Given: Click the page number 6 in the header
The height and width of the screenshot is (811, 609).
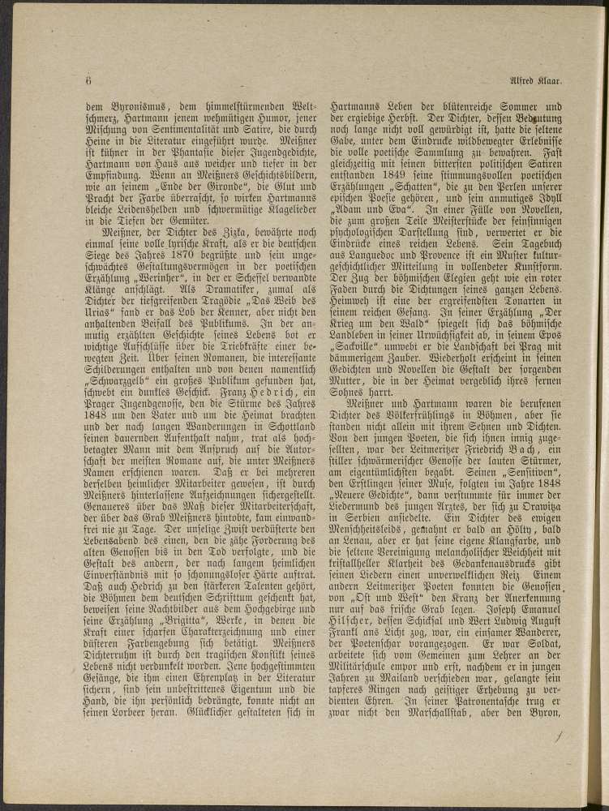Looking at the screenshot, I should [86, 80].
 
